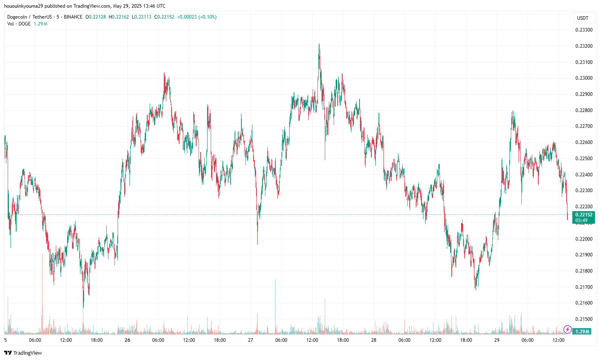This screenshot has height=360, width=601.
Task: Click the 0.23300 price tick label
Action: tap(584, 30)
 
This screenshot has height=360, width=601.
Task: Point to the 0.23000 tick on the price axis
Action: tap(584, 78)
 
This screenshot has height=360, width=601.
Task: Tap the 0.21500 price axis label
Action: tap(584, 319)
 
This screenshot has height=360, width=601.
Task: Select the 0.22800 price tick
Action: tap(584, 110)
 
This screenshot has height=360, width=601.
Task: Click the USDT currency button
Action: tap(583, 18)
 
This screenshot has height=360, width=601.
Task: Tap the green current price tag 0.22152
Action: tap(584, 215)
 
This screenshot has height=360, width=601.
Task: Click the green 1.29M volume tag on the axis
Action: tap(582, 331)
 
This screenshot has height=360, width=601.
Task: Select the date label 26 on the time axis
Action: tap(127, 340)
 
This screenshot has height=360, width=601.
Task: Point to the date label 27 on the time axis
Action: tap(250, 340)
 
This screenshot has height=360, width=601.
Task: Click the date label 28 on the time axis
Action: tap(374, 340)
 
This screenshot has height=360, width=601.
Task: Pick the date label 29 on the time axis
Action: tap(497, 340)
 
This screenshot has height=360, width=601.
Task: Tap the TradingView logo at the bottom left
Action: tap(23, 353)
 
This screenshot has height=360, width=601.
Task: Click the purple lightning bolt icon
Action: tap(567, 330)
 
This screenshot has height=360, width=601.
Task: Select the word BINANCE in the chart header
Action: tap(73, 17)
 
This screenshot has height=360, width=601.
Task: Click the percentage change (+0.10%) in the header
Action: tap(207, 17)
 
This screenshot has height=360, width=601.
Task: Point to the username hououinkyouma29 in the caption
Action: tap(23, 6)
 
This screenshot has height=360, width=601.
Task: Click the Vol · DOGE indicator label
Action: tap(19, 24)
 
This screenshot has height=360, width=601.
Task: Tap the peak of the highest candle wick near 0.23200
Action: tap(319, 44)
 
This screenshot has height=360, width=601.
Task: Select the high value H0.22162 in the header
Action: tap(119, 17)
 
